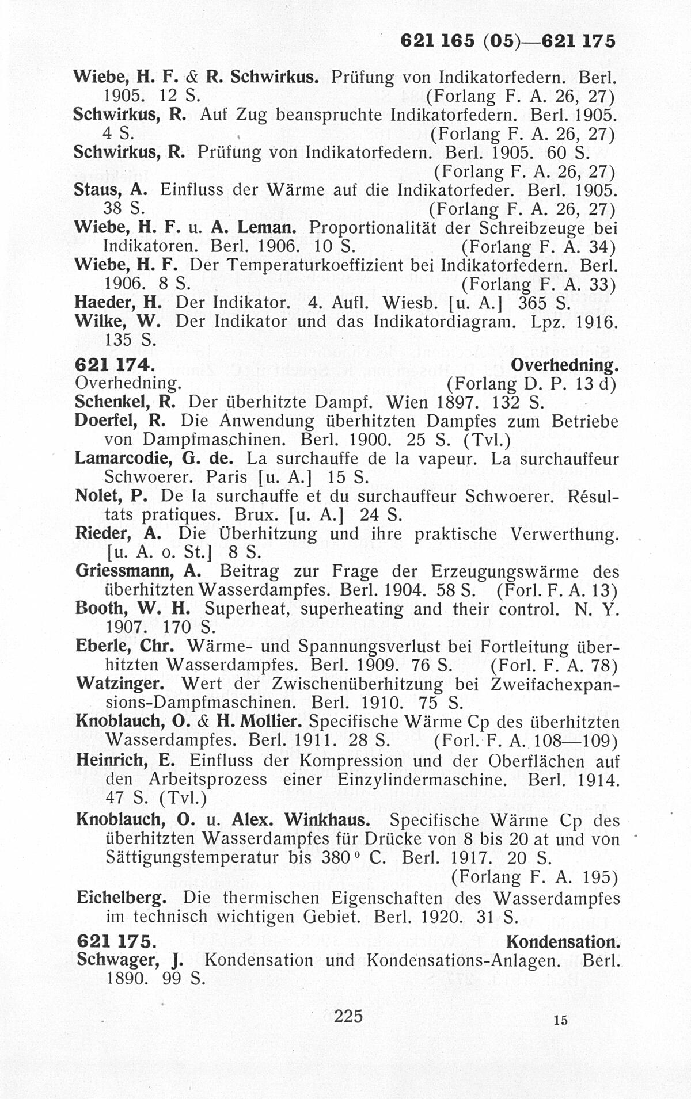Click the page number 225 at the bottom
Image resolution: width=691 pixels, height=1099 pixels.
point(348,1016)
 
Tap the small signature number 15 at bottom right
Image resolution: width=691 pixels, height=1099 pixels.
point(560,1020)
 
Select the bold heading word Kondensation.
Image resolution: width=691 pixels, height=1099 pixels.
point(563,942)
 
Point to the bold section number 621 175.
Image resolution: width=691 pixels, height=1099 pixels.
point(115,942)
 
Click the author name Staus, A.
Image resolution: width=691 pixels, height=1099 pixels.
point(112,190)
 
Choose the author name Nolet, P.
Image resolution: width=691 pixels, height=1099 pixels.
point(110,496)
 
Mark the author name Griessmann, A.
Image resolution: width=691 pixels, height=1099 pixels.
point(138,571)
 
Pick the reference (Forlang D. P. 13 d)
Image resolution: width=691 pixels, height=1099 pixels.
point(531,383)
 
